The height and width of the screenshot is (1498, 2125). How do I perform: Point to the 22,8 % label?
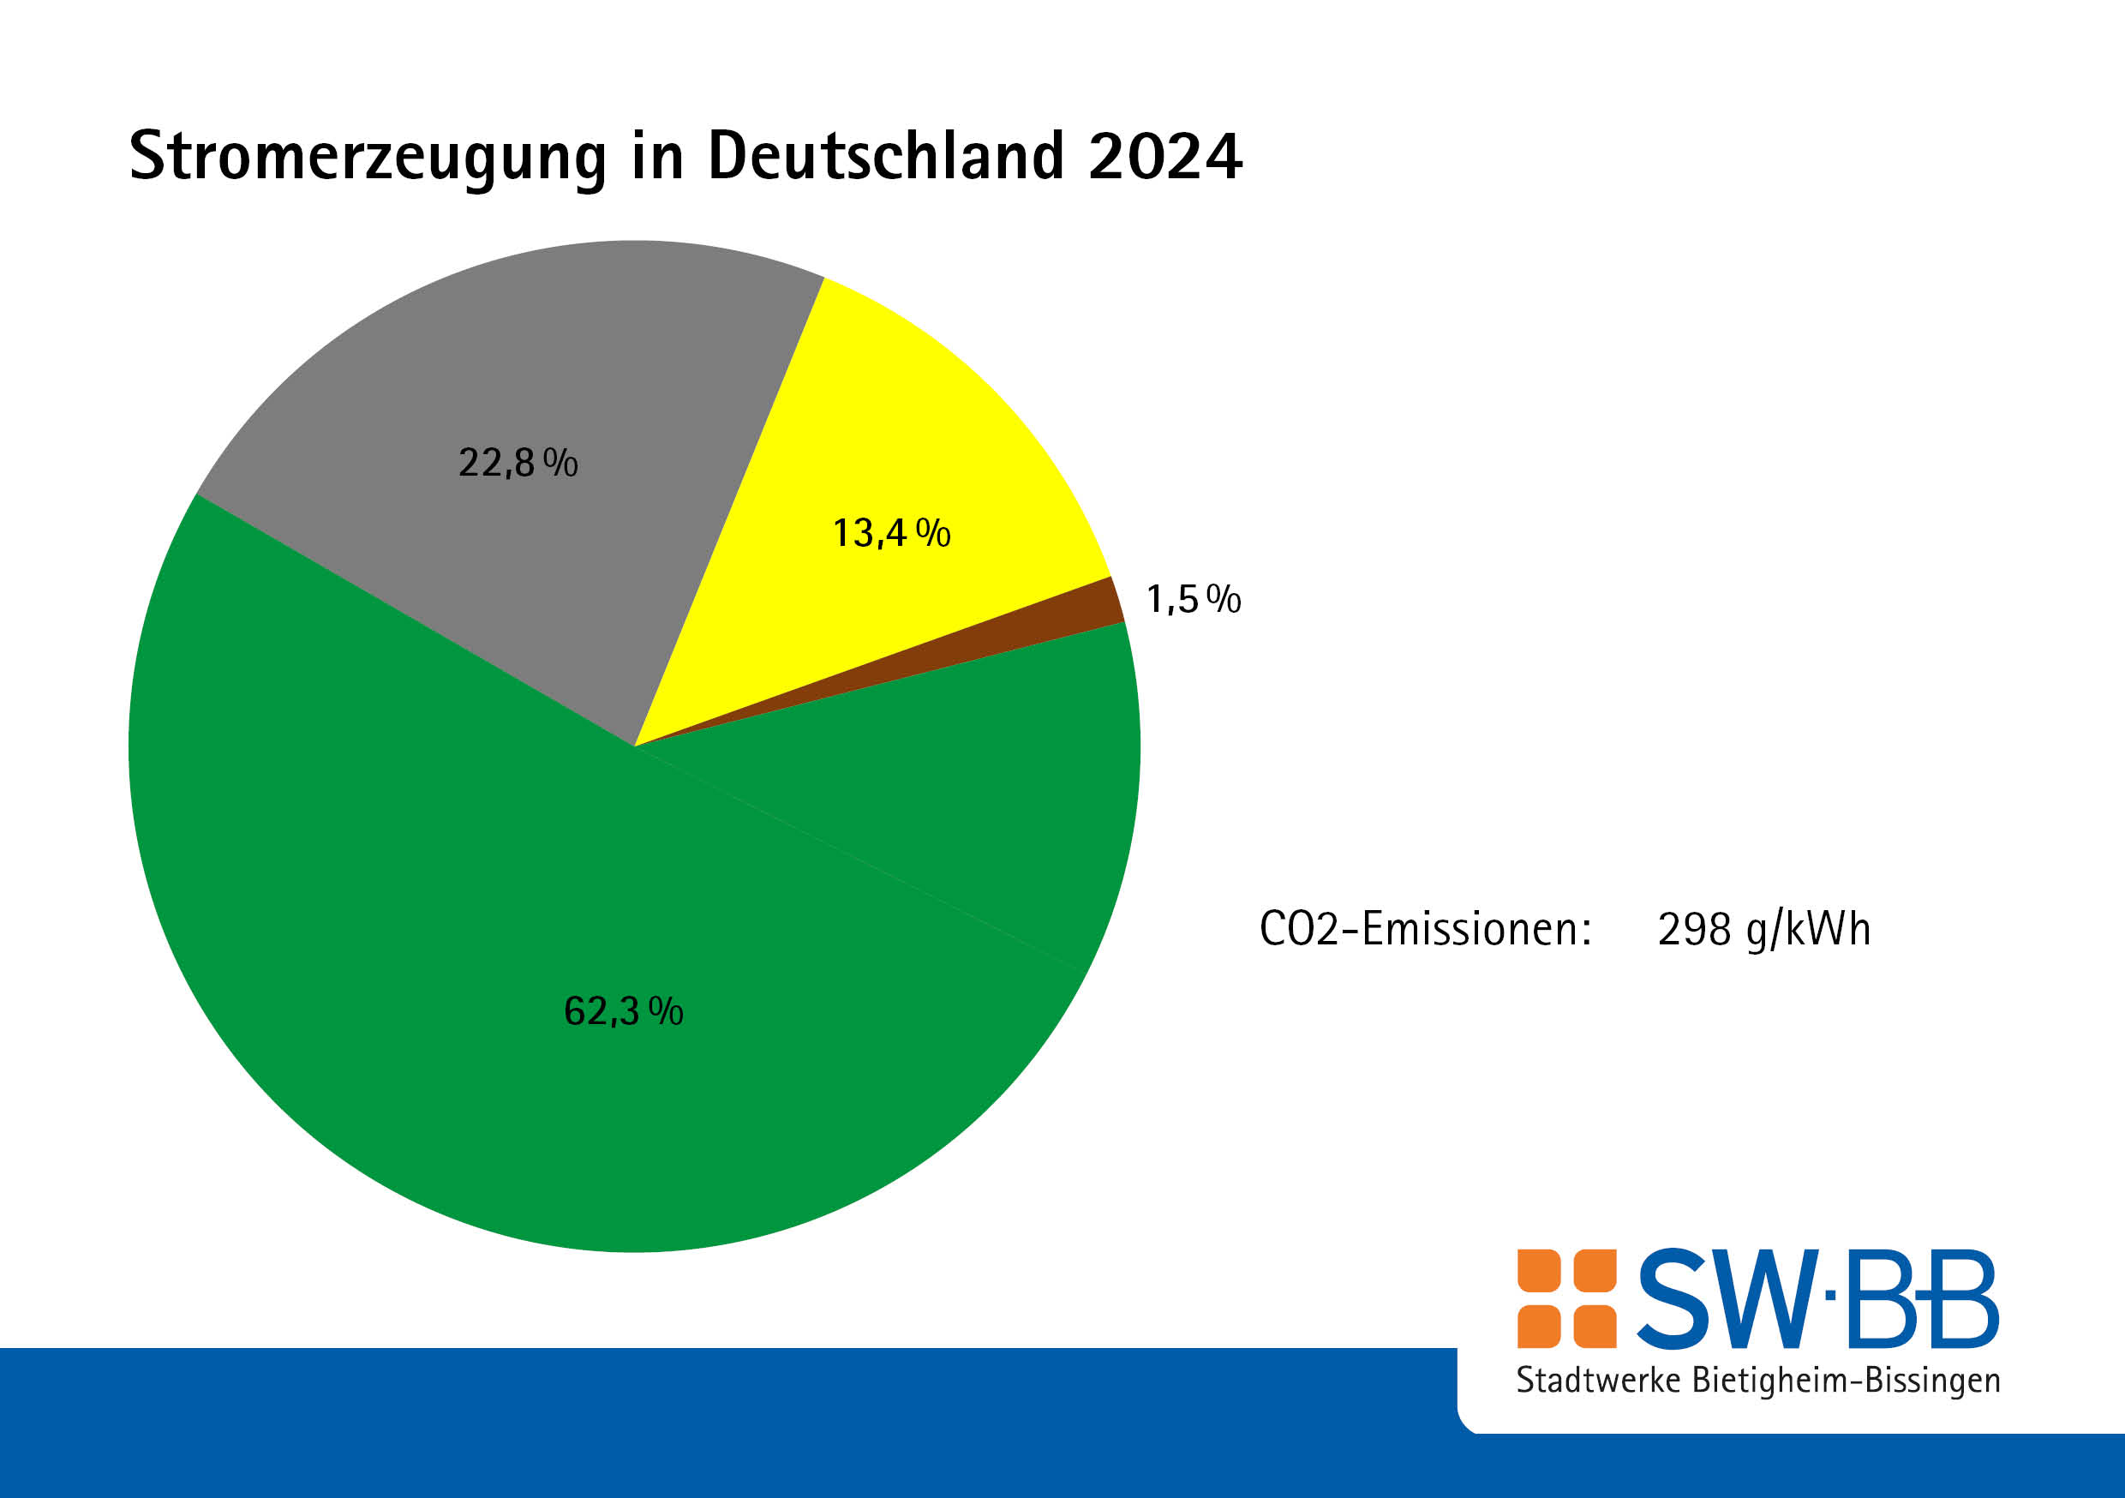[518, 462]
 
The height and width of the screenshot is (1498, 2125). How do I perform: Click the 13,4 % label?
[891, 532]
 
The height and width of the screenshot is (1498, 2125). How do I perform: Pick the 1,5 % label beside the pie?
[1193, 599]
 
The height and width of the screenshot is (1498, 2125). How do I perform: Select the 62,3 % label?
[623, 1011]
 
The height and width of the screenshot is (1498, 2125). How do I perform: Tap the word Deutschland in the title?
[885, 154]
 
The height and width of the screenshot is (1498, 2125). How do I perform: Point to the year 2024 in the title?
[1164, 155]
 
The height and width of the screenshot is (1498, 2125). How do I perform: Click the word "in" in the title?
[657, 154]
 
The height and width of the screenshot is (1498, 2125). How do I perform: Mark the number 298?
[1694, 930]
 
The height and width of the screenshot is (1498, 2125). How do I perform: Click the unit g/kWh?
[1809, 930]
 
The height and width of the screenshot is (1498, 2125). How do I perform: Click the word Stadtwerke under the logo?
[1597, 1381]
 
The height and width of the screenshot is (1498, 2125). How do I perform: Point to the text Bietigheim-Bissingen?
[1846, 1381]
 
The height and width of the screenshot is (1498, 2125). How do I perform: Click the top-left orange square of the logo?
[1539, 1270]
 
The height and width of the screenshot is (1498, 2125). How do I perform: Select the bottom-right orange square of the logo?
[1595, 1326]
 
